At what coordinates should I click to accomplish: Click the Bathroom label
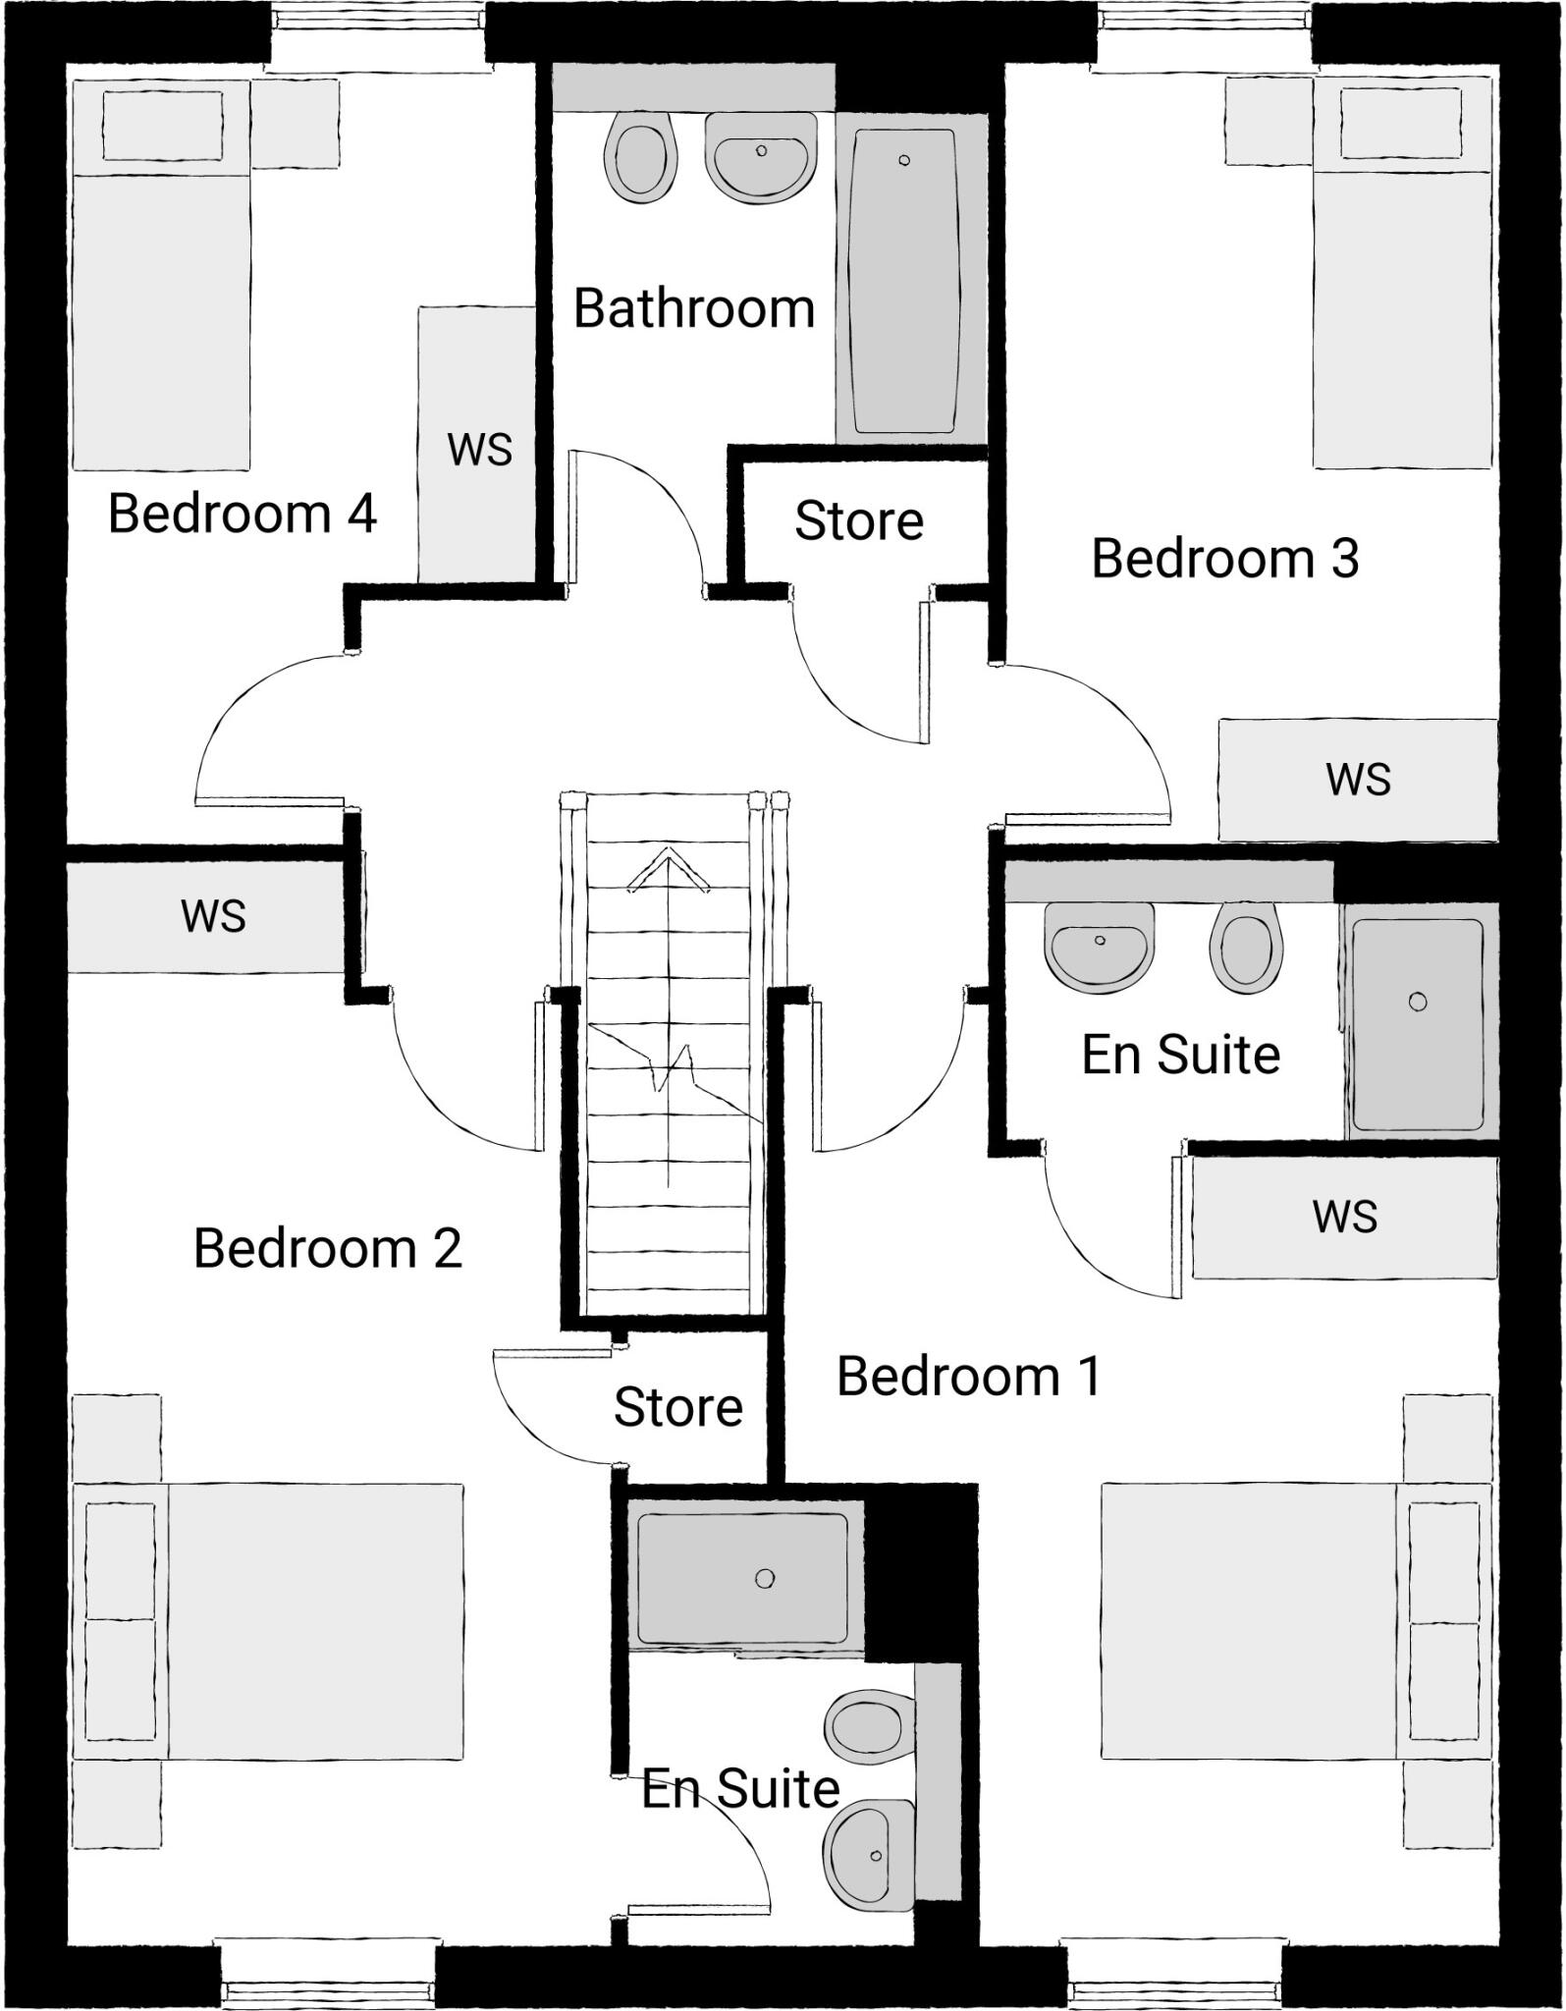coord(694,308)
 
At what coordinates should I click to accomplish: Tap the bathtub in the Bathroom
coord(903,280)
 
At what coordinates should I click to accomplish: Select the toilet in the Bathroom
coord(641,155)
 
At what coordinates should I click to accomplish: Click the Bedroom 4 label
coord(242,514)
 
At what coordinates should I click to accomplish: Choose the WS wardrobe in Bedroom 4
coord(478,447)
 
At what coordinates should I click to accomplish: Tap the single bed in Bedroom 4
coord(162,275)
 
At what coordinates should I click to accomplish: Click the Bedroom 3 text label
coord(1224,558)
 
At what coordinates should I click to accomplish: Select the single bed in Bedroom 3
coord(1403,275)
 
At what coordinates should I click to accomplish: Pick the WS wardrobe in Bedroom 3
coord(1358,780)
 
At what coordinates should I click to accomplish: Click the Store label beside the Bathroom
coord(859,520)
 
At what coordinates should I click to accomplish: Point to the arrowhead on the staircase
coord(668,869)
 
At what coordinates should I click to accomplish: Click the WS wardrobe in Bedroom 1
coord(1344,1218)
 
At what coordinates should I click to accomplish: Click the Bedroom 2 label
coord(327,1248)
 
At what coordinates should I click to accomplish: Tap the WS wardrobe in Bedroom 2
coord(212,916)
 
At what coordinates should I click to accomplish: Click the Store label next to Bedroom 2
coord(677,1407)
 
